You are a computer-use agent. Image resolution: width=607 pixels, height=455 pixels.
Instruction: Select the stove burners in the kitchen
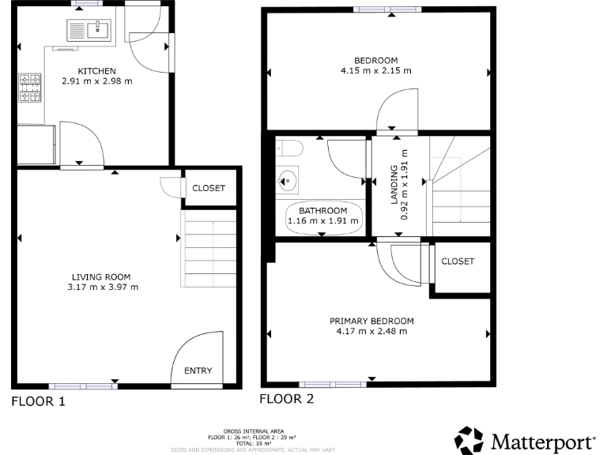30,88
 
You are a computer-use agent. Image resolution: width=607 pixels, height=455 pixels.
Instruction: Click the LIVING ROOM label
101,276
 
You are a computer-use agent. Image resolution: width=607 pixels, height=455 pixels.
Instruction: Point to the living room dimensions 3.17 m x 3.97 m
101,287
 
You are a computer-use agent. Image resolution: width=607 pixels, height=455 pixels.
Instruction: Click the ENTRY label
198,370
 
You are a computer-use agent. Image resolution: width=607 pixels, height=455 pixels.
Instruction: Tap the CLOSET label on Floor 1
209,188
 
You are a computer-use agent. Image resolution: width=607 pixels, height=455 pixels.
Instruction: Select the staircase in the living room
209,249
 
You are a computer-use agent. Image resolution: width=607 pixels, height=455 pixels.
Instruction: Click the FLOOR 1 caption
38,401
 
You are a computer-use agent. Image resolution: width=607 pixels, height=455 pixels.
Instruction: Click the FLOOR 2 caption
287,399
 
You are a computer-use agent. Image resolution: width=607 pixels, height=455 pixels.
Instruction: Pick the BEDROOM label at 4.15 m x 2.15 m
375,60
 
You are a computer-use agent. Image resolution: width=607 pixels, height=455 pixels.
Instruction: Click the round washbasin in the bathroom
288,179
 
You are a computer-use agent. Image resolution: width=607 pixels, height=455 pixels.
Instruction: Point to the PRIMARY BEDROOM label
371,321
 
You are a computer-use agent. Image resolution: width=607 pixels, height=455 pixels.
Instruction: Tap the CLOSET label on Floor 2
458,261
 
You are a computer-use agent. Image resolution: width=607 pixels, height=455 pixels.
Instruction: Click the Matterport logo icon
469,439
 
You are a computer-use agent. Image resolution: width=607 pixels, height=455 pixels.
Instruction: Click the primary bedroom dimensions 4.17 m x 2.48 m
371,331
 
